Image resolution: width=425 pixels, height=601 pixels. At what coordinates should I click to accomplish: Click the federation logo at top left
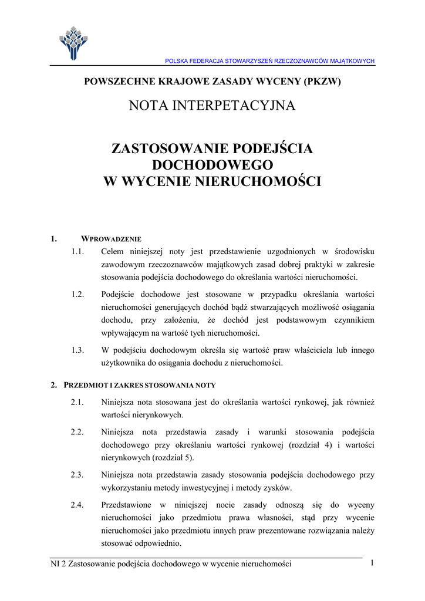pyautogui.click(x=73, y=42)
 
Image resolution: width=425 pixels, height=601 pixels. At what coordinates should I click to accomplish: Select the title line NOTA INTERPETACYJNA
pyautogui.click(x=212, y=106)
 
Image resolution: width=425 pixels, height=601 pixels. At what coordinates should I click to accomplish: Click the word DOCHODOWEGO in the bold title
pyautogui.click(x=212, y=165)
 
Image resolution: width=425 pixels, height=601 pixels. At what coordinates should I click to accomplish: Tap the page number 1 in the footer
pyautogui.click(x=372, y=563)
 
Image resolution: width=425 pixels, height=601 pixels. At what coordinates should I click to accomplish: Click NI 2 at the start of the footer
pyautogui.click(x=59, y=564)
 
